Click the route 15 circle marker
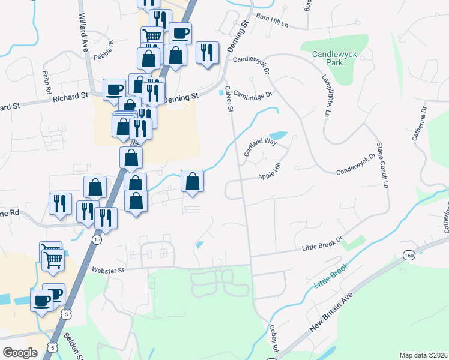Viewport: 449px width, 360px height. pyautogui.click(x=97, y=239)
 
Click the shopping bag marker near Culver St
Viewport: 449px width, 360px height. pyautogui.click(x=192, y=181)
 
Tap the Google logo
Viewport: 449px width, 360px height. pyautogui.click(x=20, y=352)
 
